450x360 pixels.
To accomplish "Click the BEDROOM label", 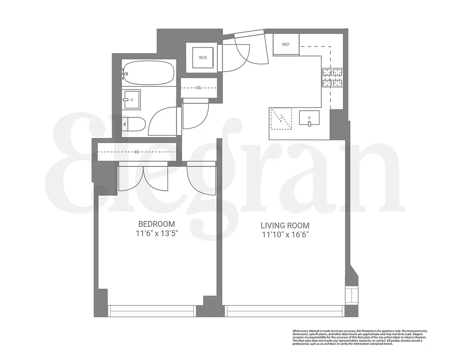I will [x=156, y=224].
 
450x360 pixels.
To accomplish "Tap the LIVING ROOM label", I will [x=285, y=225].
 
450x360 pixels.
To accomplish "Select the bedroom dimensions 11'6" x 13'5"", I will [x=156, y=234].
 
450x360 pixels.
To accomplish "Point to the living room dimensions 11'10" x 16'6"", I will [x=285, y=235].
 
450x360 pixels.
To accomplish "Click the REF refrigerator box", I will [x=286, y=45].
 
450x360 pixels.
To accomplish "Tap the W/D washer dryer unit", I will [x=203, y=58].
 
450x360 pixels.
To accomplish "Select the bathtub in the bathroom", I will [x=148, y=72].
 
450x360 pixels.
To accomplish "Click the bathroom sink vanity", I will [x=132, y=99].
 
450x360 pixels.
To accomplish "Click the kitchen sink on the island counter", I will [x=309, y=119].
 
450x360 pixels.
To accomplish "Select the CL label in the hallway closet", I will [x=198, y=88].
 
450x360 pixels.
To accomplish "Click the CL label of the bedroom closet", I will [x=136, y=152].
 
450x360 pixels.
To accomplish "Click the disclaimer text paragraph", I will [x=360, y=337].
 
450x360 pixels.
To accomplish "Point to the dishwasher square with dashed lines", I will [x=280, y=118].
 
